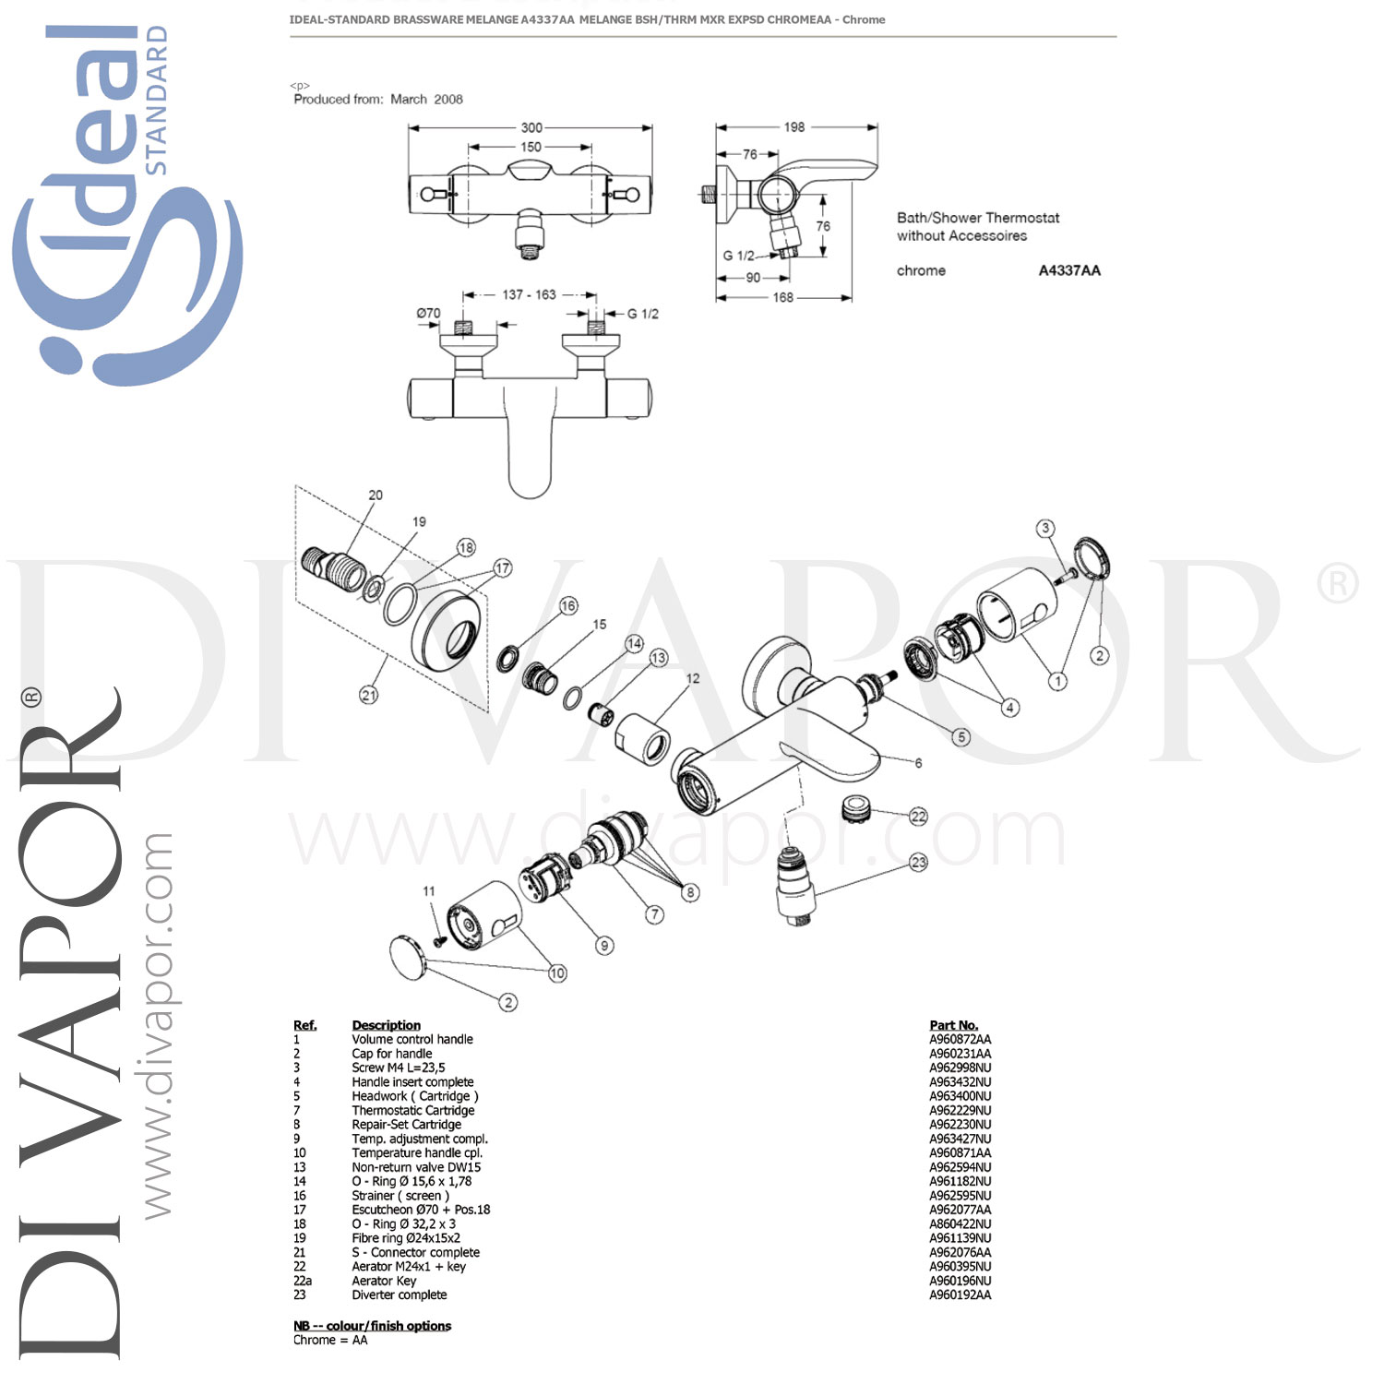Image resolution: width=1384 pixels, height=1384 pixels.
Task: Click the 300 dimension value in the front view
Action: tap(531, 127)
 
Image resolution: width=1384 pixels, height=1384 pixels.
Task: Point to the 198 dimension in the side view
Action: tap(794, 127)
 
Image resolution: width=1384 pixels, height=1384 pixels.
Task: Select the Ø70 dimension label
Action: tap(429, 314)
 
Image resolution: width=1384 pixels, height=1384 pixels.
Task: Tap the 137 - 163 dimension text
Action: tap(530, 294)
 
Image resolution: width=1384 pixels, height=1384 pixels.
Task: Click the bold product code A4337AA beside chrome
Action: tap(1069, 270)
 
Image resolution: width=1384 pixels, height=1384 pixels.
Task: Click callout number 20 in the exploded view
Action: tap(376, 495)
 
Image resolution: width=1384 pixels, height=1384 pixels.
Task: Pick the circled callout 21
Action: tap(369, 695)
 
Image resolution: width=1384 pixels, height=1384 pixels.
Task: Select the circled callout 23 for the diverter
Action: tap(918, 862)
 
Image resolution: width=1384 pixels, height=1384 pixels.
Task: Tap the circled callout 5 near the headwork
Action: tap(961, 737)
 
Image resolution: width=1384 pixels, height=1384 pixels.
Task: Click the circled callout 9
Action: tap(604, 945)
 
